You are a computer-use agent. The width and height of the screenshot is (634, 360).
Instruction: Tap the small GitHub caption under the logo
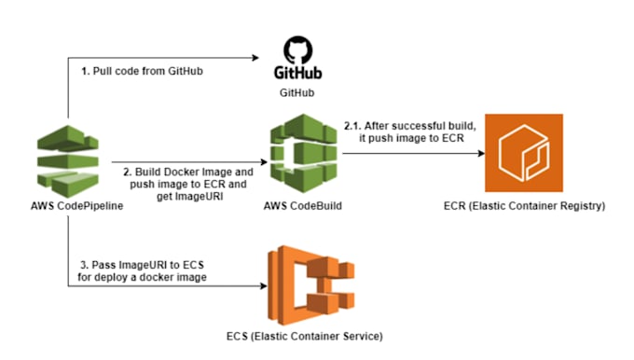pos(298,93)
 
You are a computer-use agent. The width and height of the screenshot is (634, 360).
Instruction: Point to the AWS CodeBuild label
pos(301,206)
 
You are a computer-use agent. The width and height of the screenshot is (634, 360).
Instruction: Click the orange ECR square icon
pos(523,153)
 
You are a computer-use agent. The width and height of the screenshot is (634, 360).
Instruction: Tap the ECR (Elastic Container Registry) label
pos(526,206)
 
